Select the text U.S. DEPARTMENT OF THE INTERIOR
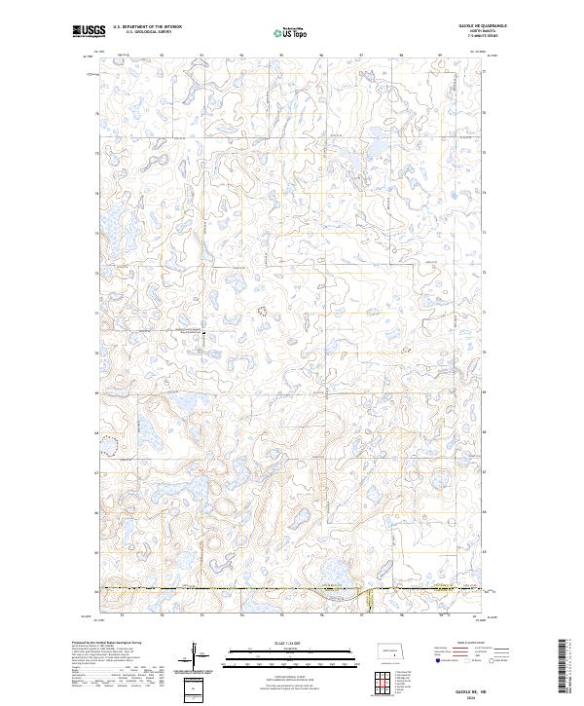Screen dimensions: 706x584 tap(147, 27)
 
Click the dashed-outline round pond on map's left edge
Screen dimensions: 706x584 tap(111, 446)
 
